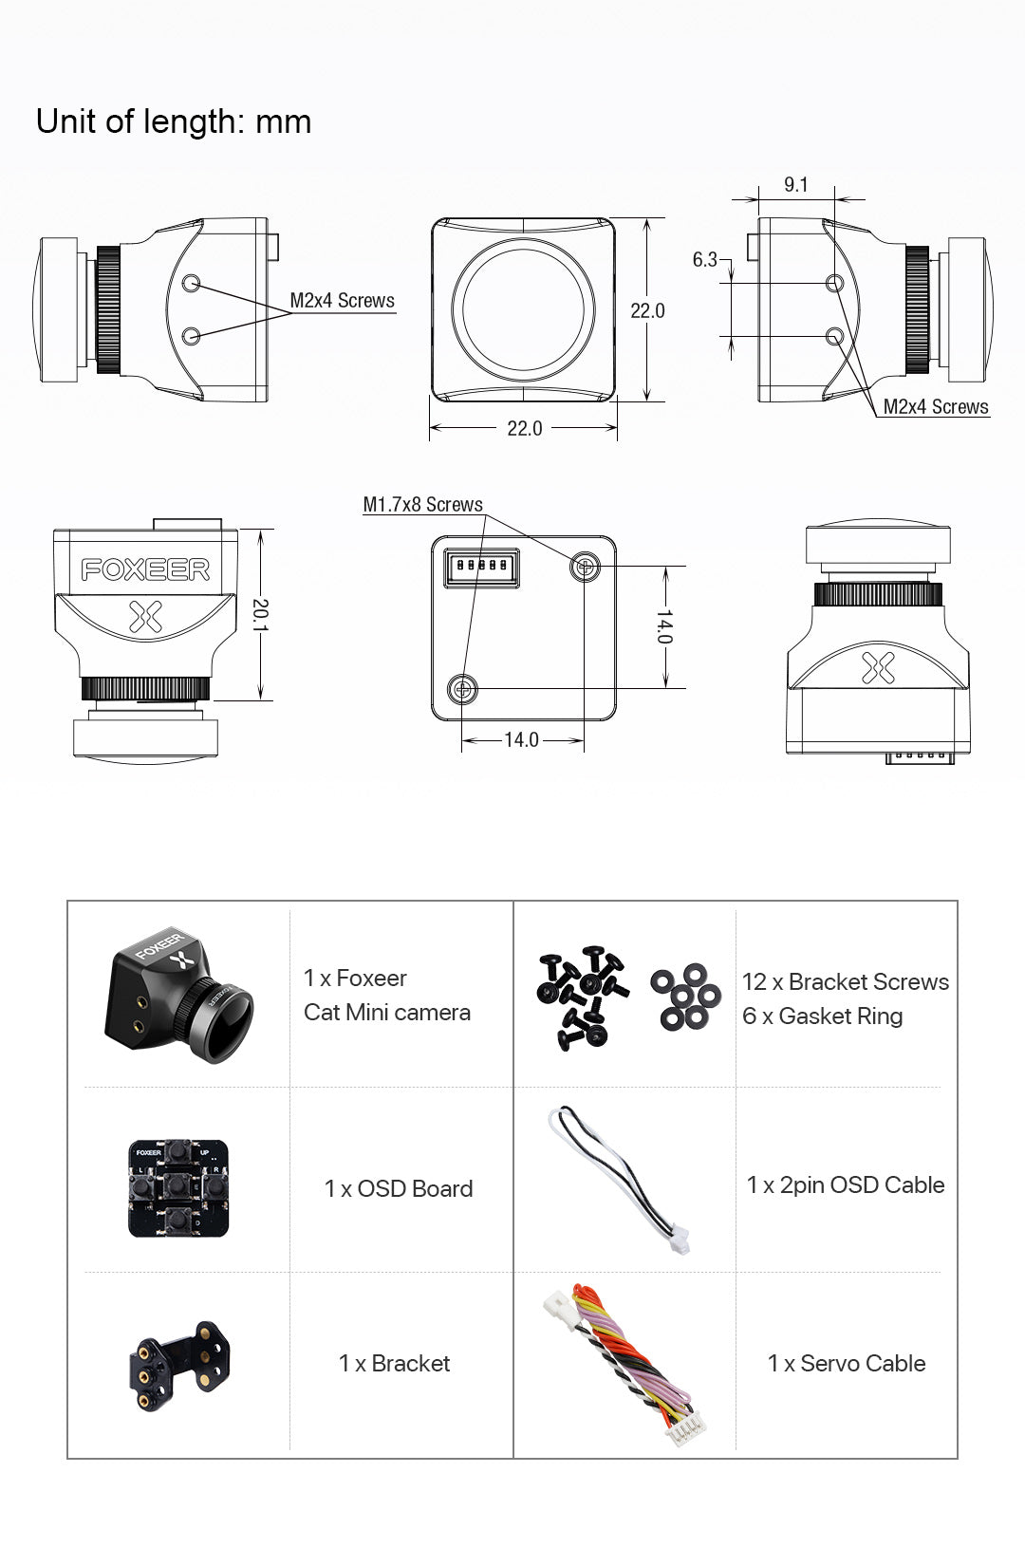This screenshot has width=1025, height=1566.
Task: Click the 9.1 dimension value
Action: [796, 184]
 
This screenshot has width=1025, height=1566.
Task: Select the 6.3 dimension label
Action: [704, 259]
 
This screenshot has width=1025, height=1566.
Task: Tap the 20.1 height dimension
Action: [261, 615]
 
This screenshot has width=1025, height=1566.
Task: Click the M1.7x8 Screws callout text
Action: [422, 505]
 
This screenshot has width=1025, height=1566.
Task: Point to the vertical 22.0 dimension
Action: [647, 310]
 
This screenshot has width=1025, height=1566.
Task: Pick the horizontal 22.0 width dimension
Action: [524, 428]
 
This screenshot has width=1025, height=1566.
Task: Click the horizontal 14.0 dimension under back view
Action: [521, 739]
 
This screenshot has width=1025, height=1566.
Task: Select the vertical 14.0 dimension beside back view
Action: [665, 626]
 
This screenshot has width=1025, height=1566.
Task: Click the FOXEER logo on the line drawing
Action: [145, 569]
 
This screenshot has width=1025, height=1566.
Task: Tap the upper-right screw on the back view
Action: [585, 568]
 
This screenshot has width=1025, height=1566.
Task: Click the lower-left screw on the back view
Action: [462, 688]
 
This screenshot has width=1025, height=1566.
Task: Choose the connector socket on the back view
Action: [482, 567]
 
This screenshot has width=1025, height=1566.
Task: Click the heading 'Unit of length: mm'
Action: [174, 121]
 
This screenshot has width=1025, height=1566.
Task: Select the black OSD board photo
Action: [178, 1188]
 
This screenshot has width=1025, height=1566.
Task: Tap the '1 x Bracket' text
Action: [394, 1363]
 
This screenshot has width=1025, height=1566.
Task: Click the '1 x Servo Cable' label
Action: [846, 1363]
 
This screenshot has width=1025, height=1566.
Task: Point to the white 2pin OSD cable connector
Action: [677, 1239]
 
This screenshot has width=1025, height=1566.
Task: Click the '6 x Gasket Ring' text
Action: [822, 1016]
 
